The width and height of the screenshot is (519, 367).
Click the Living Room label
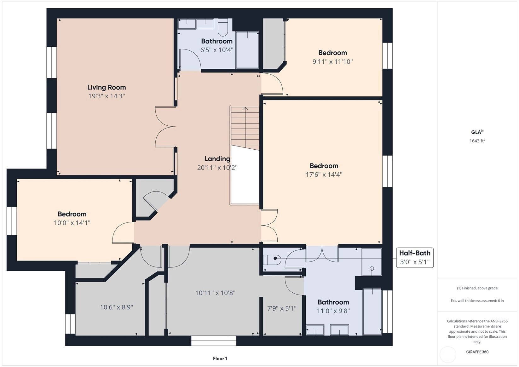pos(107,87)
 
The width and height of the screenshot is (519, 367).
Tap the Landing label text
pos(217,159)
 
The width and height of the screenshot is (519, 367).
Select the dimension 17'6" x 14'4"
pos(324,175)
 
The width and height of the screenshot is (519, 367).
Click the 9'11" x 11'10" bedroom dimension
pos(332,62)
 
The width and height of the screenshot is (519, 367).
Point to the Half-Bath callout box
pos(415,258)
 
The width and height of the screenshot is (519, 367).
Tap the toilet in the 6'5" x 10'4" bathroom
pos(223,27)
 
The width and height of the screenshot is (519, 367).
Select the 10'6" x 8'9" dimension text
pos(117,307)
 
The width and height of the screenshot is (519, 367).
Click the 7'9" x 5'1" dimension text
pos(282,308)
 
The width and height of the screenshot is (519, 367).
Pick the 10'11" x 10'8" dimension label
pos(215,293)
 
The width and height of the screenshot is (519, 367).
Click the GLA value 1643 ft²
pos(477,140)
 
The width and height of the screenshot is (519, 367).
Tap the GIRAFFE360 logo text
pos(477,352)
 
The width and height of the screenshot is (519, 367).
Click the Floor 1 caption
pos(220,358)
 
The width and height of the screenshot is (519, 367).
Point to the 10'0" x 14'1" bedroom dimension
pos(72,223)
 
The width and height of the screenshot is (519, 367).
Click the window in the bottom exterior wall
pos(214,341)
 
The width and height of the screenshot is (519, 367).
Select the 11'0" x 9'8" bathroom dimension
pos(333,311)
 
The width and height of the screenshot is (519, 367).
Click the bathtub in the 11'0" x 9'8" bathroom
pos(372,311)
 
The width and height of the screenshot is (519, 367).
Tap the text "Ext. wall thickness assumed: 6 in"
pos(477,301)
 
